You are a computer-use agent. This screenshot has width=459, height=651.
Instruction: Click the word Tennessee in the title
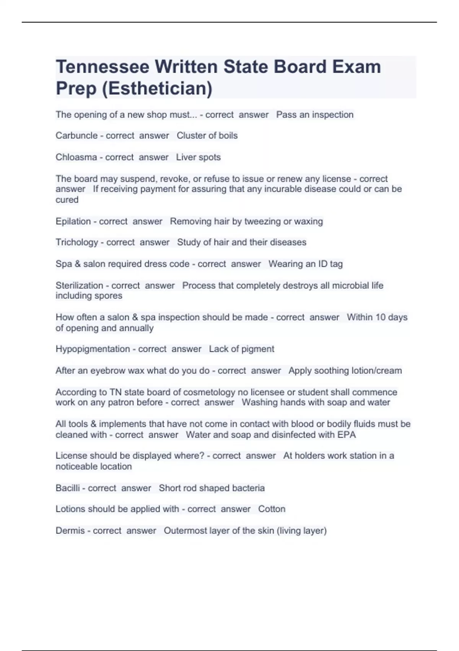[103, 67]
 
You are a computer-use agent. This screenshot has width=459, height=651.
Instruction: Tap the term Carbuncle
[76, 136]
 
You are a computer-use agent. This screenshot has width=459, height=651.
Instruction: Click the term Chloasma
[76, 157]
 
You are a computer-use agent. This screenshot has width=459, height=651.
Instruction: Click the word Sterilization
[79, 285]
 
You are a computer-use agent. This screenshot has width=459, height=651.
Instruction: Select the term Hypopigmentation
[93, 349]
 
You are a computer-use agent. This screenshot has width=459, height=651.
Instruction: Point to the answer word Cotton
[272, 509]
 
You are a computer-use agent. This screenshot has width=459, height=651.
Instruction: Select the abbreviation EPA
[347, 435]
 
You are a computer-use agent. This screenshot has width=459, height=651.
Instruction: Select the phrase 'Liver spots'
[198, 157]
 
